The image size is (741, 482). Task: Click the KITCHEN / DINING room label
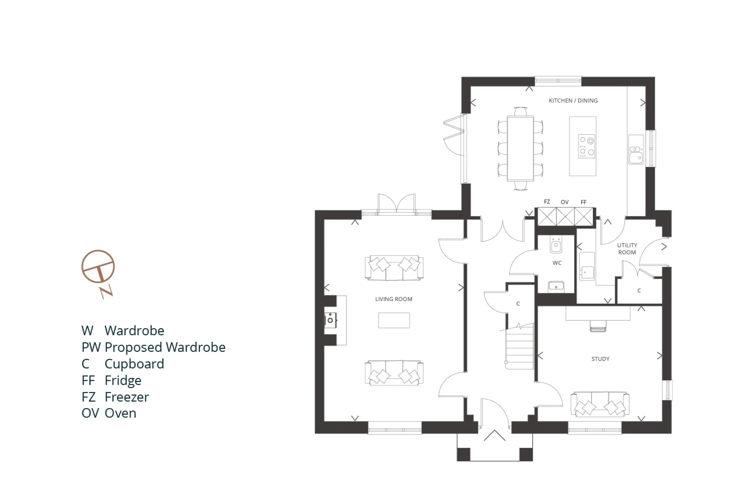coord(573,100)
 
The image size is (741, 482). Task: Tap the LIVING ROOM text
coord(393,299)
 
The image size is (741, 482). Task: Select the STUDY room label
coord(600,359)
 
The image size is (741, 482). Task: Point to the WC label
coord(557,263)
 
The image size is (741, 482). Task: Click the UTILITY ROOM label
coord(627,249)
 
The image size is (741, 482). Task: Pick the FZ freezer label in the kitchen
coord(547,202)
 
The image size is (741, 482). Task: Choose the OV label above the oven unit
coord(564,202)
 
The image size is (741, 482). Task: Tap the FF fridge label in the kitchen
coord(584,202)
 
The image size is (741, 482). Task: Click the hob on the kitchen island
coord(587,146)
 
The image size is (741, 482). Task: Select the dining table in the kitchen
coord(520,148)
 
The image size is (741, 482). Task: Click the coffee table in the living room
coord(394,320)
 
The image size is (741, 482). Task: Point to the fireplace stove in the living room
coord(330,320)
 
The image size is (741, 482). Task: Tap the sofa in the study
coord(600,404)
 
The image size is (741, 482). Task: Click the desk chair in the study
coord(598,326)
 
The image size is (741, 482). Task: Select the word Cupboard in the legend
coord(134,364)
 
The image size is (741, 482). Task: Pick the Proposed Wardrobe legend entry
coord(165,347)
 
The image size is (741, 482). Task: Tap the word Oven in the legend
coord(120,413)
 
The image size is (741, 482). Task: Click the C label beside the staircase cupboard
coord(518,303)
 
